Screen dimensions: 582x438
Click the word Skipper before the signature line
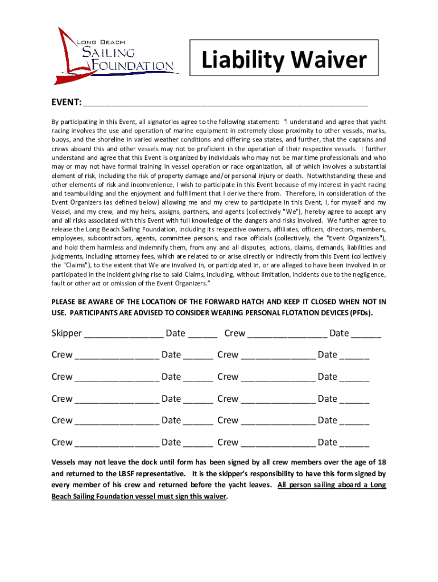click(x=67, y=333)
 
